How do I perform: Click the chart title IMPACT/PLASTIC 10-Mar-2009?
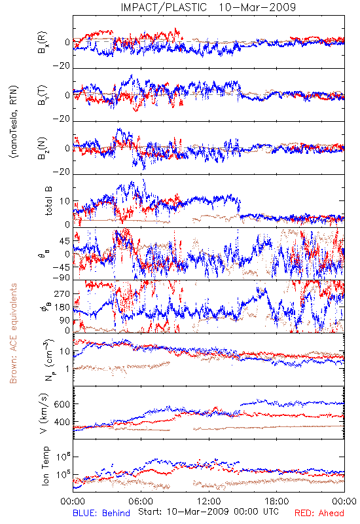(208, 7)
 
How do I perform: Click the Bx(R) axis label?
(43, 42)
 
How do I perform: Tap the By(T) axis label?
(43, 95)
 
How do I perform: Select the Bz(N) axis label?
(43, 148)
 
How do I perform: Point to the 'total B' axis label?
(48, 201)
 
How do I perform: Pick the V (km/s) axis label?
(44, 413)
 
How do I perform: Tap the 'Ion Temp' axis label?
(45, 466)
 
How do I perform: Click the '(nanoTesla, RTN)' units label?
(14, 121)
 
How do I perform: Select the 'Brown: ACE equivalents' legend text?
(13, 333)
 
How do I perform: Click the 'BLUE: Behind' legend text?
(101, 513)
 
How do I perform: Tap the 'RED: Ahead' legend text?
(319, 513)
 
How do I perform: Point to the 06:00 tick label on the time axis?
(141, 501)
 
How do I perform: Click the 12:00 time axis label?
(209, 501)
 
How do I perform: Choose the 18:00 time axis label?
(277, 501)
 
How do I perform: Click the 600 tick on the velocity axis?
(62, 404)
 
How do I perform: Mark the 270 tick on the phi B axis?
(62, 293)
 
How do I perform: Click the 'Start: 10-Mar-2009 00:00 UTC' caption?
(208, 512)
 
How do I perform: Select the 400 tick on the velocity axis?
(62, 422)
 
